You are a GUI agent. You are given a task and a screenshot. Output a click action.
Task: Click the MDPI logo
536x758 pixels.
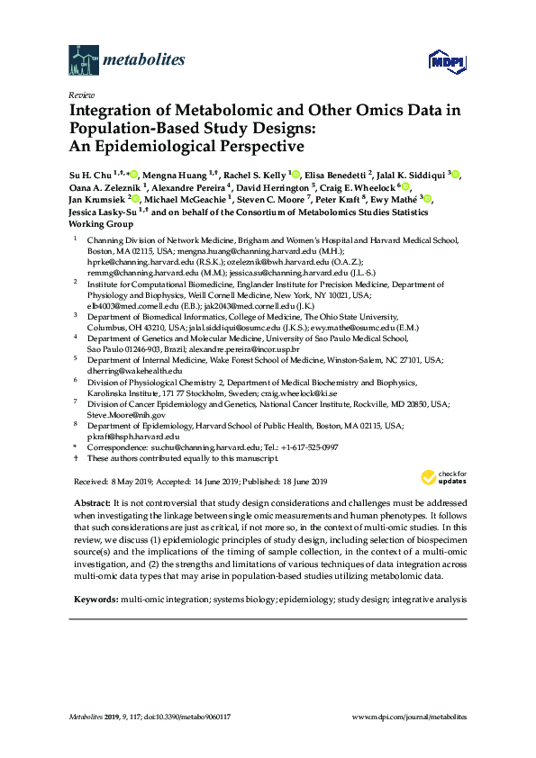coord(447,61)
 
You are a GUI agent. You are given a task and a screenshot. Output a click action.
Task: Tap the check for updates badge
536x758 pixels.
coord(442,477)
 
